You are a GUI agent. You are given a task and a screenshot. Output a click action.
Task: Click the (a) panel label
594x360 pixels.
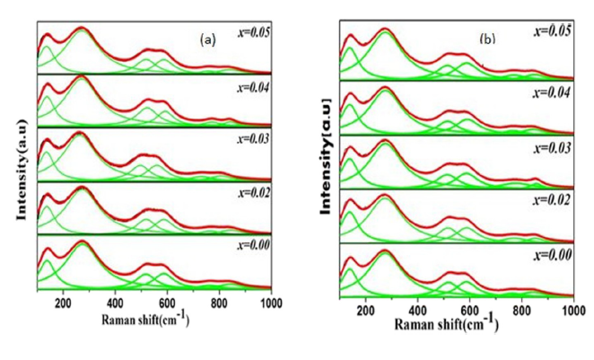pos(207,40)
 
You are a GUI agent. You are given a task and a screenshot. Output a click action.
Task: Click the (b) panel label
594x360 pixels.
pos(487,39)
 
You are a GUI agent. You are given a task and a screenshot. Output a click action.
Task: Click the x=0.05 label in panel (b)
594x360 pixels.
pos(552,31)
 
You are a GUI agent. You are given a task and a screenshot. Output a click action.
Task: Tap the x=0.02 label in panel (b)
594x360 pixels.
pos(552,198)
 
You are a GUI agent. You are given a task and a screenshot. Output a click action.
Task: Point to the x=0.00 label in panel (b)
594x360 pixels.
pos(552,254)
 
